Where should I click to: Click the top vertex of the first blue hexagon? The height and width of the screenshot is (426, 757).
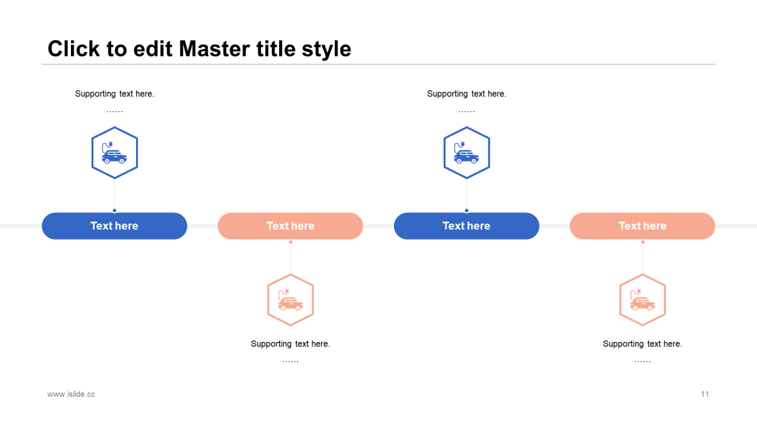coord(115,127)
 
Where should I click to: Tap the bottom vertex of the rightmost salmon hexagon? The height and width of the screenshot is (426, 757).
coord(642,325)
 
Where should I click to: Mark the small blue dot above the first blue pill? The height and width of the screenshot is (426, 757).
coord(115,211)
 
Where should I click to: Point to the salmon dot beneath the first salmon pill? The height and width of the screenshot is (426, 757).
coord(290,242)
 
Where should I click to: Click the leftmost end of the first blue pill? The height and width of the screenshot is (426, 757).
coord(42,226)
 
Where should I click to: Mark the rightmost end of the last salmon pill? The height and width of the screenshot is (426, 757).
coord(715,226)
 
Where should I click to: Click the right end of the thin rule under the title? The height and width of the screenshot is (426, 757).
coord(716,64)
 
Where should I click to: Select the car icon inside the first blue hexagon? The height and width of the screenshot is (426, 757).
coord(114,153)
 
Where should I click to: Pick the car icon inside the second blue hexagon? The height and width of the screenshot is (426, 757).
coord(467,153)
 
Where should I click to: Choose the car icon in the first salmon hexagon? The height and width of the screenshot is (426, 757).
coord(290,299)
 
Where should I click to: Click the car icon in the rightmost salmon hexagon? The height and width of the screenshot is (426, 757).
coord(642,299)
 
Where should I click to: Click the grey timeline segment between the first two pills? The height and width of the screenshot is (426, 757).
coord(202,226)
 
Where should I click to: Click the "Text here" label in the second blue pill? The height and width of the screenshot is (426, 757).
coord(467,226)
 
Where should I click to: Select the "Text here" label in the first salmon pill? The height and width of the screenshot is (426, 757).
coord(290,226)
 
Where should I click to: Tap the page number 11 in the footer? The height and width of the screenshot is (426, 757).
coord(704,394)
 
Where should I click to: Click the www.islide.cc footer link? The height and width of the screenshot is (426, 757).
coord(71,394)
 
